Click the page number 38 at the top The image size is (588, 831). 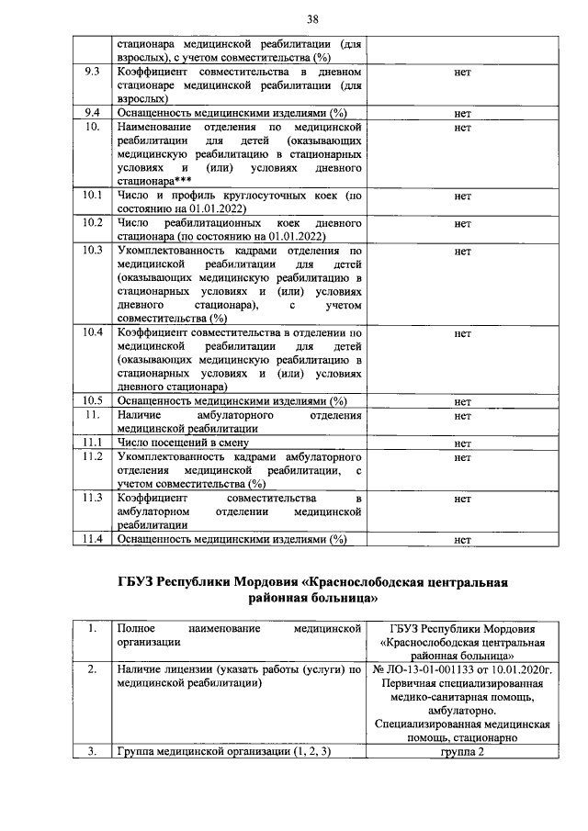tap(293, 17)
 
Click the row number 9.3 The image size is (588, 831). tap(93, 71)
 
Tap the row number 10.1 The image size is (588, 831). tap(93, 196)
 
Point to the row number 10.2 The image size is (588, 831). tap(93, 223)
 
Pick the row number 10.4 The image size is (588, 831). tap(93, 333)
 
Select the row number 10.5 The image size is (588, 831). tap(93, 401)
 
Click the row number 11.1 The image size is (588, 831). tap(93, 443)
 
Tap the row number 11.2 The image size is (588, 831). tap(93, 456)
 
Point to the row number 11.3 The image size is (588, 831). tap(93, 498)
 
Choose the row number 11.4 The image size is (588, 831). tap(93, 539)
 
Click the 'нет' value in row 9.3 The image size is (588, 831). tap(462, 72)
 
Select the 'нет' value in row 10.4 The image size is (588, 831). tap(462, 334)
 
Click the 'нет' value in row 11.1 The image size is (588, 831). tap(462, 444)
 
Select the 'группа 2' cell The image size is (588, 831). tap(462, 752)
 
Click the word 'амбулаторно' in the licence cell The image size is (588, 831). tap(462, 710)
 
